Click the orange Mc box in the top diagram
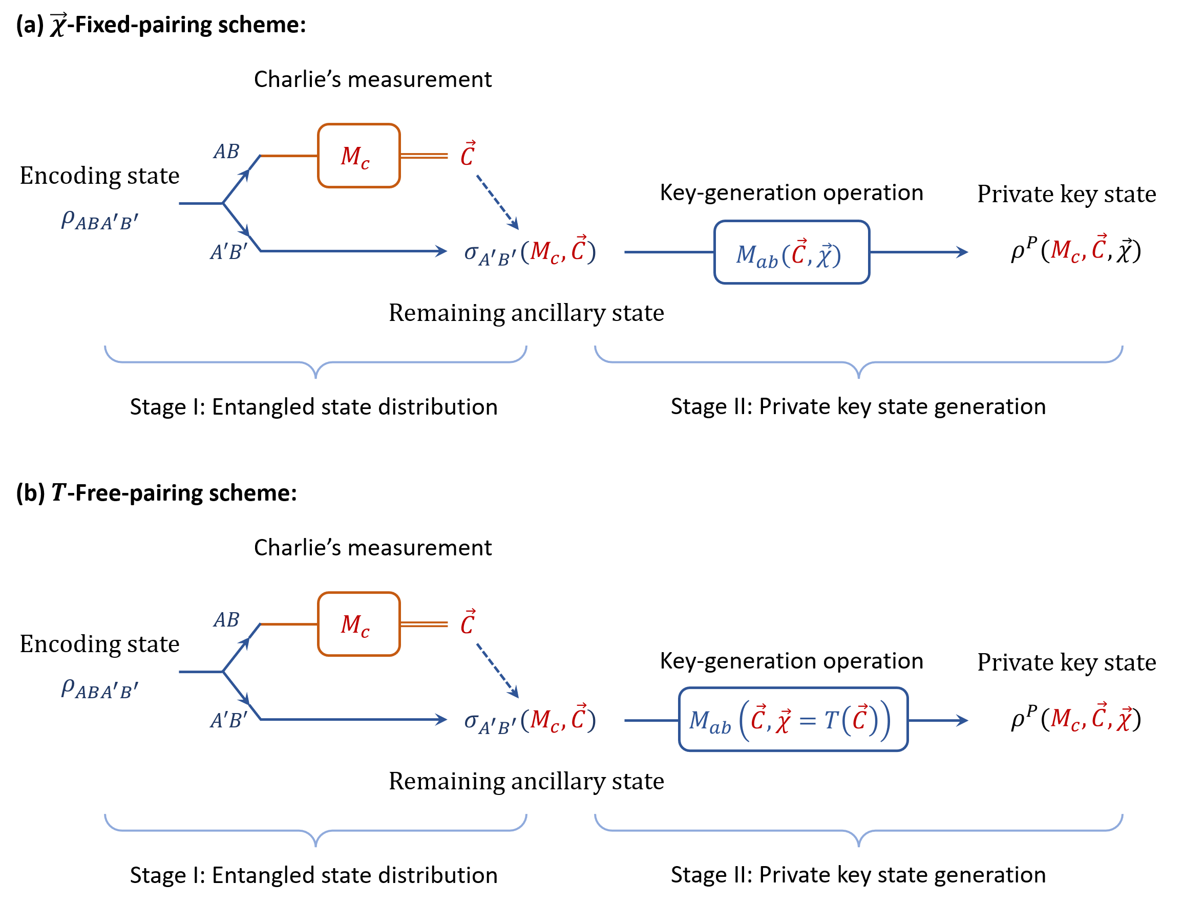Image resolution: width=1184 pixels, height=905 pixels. pos(358,156)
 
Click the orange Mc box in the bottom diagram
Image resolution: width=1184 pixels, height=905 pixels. pos(358,624)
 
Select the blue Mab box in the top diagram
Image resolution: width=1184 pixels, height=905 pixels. pos(791,252)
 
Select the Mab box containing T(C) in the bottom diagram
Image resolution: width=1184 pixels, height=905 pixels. pos(793,720)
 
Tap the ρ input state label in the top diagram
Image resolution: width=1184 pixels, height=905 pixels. pos(100,220)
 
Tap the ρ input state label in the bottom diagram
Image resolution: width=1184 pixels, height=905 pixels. pos(100,688)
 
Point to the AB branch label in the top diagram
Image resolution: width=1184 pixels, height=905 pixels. pos(226,152)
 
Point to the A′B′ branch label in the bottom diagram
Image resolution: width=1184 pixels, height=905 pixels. pos(229,720)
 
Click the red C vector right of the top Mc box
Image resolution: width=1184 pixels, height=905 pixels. pos(468,154)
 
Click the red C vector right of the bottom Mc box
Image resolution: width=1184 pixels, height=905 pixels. pos(468,621)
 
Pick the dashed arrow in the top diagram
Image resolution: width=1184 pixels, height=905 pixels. pos(497,202)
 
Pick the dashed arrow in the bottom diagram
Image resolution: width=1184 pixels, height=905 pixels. pos(497,670)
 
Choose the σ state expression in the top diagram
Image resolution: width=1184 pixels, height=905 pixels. pos(530,251)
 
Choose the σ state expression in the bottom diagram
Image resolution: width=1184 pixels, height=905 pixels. pos(530,720)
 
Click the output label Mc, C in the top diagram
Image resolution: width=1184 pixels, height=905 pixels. pos(1079,249)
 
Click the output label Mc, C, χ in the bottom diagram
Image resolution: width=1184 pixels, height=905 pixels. pos(1091,718)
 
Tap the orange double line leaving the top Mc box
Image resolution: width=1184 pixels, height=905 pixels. pos(424,156)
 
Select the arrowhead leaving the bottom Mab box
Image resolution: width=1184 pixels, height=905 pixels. pos(961,720)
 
